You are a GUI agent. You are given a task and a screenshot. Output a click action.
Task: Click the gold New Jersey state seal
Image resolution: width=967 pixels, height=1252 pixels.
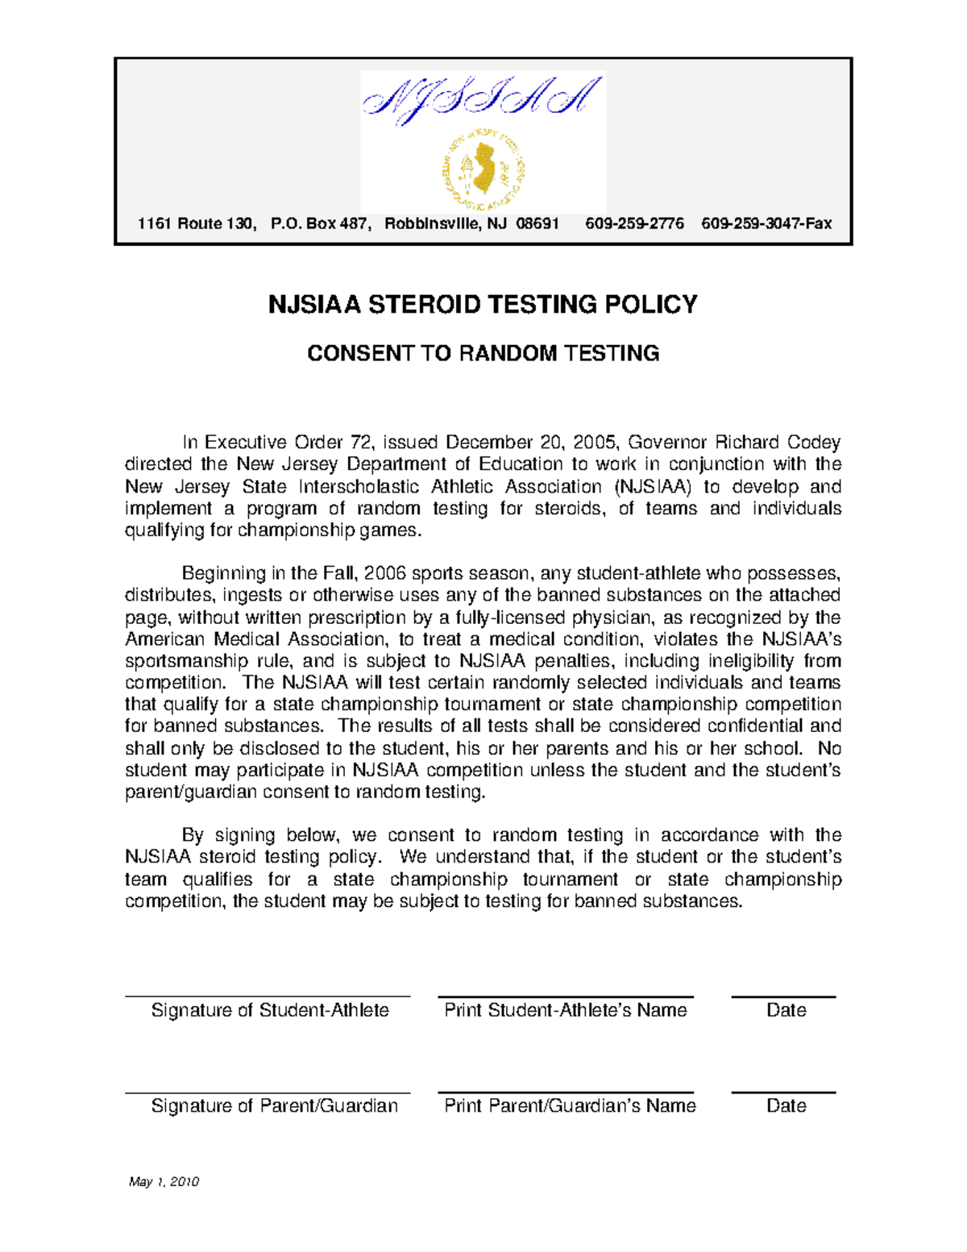483,170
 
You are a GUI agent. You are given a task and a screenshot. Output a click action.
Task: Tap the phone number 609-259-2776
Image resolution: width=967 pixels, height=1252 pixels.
634,223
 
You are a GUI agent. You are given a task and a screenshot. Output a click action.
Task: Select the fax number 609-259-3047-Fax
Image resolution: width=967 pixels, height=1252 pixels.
766,223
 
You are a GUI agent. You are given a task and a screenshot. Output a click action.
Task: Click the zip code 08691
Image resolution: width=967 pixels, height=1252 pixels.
537,223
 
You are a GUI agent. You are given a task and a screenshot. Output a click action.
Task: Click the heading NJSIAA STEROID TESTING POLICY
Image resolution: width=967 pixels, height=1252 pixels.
483,305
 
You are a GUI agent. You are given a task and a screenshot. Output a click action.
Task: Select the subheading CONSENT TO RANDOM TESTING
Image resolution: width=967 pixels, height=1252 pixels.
483,354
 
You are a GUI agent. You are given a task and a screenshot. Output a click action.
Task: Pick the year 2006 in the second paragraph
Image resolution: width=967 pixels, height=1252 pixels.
385,573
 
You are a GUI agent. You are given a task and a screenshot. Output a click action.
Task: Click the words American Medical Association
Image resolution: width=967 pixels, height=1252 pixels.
253,639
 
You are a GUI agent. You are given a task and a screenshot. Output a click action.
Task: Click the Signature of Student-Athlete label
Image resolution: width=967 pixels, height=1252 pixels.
270,1010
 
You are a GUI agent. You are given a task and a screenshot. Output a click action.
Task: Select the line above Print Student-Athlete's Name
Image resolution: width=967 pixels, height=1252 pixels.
566,997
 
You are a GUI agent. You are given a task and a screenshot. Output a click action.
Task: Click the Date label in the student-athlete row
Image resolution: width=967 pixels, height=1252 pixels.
786,1010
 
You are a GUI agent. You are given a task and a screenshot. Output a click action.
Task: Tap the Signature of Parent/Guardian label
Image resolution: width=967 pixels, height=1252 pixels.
274,1105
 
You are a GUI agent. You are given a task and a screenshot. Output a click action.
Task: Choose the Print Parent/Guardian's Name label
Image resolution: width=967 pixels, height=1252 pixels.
570,1105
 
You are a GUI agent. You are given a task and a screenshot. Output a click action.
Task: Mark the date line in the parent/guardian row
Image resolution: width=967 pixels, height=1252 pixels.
783,1092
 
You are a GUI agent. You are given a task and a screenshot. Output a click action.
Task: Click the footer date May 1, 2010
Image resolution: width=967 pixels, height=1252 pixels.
164,1182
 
